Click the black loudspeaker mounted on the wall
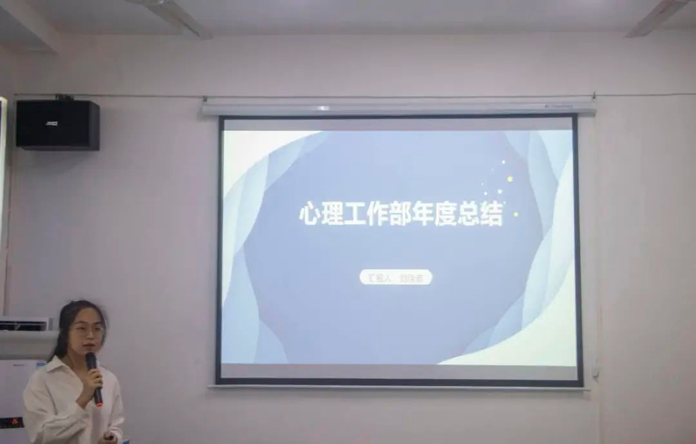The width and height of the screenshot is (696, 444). pos(57,124)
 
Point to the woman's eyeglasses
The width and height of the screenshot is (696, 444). pos(87,329)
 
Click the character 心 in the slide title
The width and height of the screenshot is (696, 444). pos(311,214)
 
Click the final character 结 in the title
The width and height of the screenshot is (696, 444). pos(492,214)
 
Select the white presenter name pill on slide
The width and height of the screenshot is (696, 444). pos(396,278)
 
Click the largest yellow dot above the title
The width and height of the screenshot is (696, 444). pos(510,179)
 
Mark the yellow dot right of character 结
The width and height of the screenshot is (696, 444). pos(516,214)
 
